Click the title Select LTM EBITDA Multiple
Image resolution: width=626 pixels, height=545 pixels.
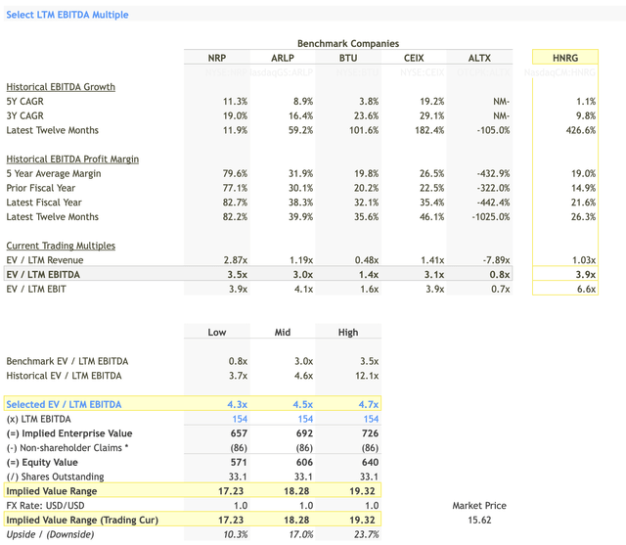[x=67, y=15]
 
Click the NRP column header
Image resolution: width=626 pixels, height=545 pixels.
[x=216, y=59]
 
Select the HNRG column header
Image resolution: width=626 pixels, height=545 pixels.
[x=564, y=59]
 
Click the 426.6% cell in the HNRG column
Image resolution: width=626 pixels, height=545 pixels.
[x=579, y=130]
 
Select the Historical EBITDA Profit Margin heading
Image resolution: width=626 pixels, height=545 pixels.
[x=72, y=159]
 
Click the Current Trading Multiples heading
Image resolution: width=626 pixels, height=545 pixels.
[x=61, y=245]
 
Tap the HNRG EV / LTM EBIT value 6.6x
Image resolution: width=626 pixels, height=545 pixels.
[x=584, y=289]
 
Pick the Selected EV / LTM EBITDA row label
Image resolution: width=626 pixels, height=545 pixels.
[x=64, y=404]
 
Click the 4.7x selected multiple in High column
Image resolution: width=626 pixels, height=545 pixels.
[x=365, y=404]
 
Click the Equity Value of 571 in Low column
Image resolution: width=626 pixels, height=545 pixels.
[x=237, y=462]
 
